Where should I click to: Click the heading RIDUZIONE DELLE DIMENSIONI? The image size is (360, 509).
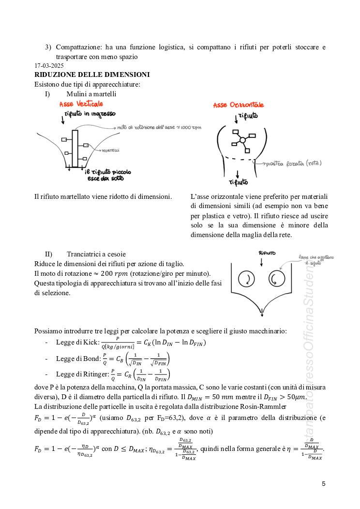coord(92,75)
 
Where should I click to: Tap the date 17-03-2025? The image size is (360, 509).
coord(49,65)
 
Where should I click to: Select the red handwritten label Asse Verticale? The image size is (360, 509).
coord(81,104)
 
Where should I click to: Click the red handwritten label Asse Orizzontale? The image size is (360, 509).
coord(238,105)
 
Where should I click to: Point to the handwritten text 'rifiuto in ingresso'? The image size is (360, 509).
coord(90,114)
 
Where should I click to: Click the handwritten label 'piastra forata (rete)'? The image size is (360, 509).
coord(293,164)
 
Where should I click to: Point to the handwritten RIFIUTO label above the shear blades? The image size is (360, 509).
coord(267,253)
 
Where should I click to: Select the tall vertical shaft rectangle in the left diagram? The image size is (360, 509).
coord(75,148)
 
